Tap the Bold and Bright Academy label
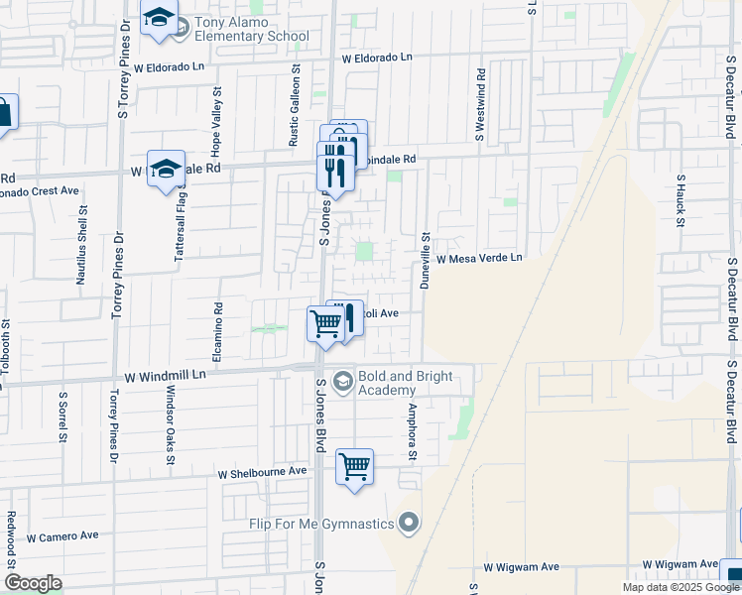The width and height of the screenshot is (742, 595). coord(406,383)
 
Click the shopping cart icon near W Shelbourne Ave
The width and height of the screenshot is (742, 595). coord(354,465)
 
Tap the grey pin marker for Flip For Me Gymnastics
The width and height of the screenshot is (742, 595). coord(408,523)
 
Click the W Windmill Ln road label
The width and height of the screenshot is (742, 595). coord(165,376)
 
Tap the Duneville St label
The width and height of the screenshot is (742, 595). coord(424,259)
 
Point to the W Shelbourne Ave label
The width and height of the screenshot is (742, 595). coord(263,472)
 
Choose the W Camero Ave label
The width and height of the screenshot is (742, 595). coord(62,536)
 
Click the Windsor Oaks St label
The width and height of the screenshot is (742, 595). coord(170,427)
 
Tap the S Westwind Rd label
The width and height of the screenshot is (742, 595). coord(481,104)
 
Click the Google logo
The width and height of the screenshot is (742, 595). coord(32,583)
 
